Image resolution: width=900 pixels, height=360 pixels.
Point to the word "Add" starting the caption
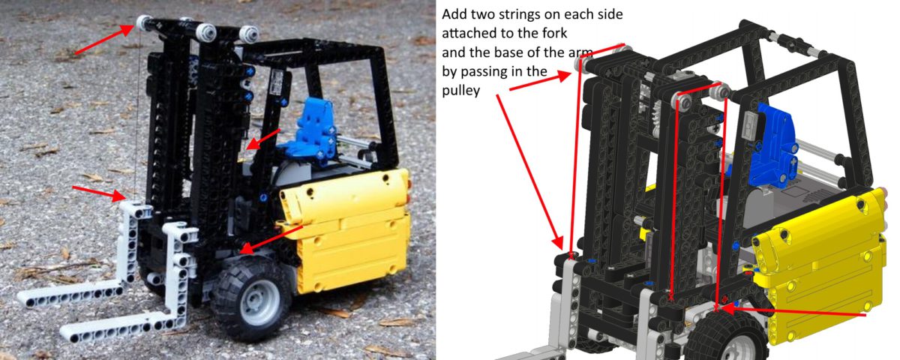click(x=454, y=14)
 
